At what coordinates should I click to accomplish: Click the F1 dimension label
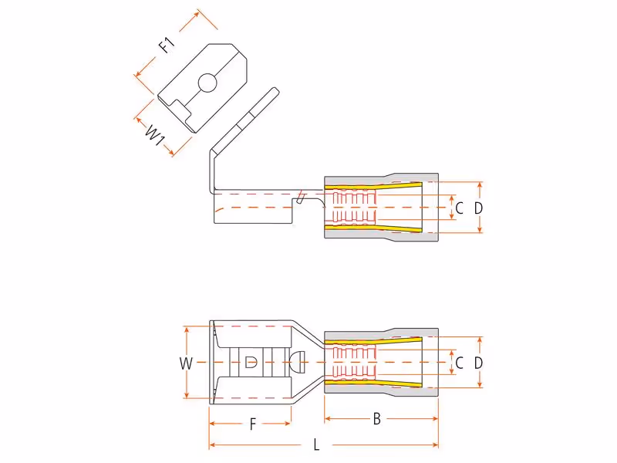167,45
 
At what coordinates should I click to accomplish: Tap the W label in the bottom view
186,363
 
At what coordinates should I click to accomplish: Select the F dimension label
253,424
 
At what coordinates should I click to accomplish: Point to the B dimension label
376,419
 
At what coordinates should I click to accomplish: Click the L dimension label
316,445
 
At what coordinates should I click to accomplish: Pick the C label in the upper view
459,208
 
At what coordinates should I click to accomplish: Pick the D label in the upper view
478,208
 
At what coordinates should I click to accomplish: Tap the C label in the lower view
459,363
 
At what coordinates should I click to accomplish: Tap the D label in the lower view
478,363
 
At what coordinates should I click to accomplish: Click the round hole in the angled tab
207,83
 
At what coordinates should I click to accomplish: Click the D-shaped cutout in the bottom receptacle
251,362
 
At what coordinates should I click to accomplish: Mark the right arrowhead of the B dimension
435,418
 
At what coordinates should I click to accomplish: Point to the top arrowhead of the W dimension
187,330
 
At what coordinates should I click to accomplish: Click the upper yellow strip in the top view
373,185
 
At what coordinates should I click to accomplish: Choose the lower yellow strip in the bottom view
373,383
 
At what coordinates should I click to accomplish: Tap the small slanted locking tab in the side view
300,198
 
